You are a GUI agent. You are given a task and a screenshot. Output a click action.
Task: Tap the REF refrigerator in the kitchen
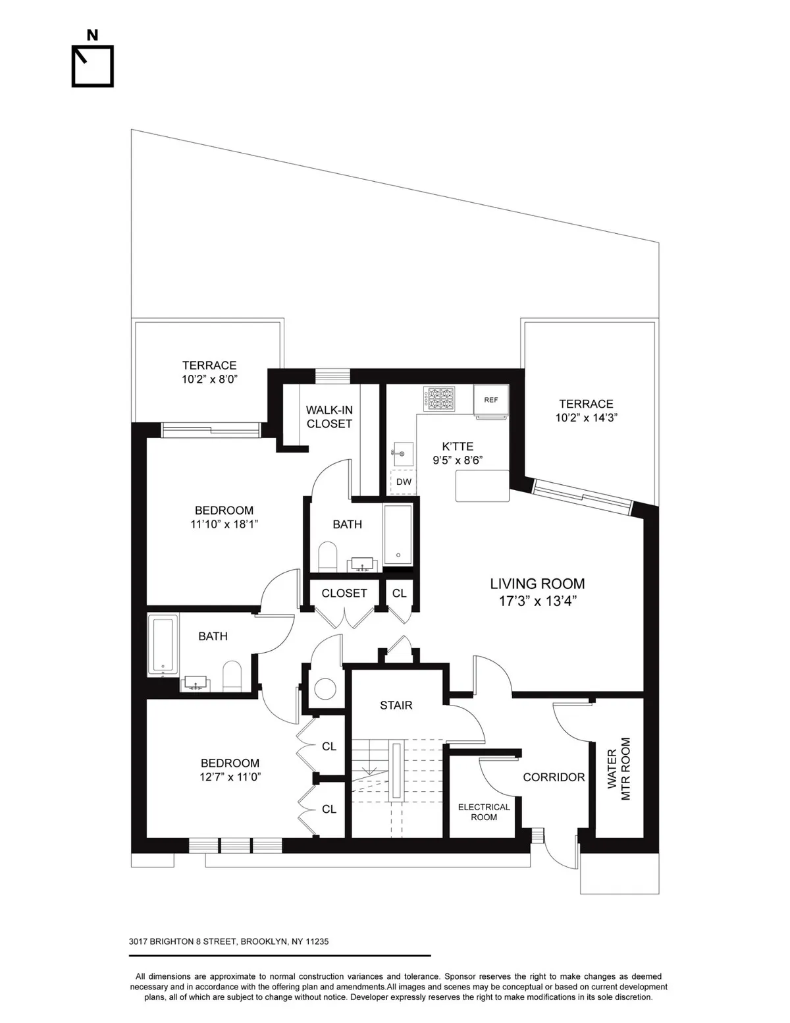(x=491, y=401)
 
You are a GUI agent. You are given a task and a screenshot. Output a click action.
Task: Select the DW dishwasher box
(x=404, y=482)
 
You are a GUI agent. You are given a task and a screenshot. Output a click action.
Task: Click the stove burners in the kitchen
(x=440, y=400)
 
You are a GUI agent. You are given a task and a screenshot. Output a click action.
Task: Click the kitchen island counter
(x=483, y=485)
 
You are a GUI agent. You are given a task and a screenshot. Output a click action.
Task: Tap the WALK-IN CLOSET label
(x=329, y=417)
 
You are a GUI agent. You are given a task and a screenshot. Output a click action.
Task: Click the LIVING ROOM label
(x=537, y=584)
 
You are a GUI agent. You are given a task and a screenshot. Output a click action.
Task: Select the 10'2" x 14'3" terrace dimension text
(x=586, y=418)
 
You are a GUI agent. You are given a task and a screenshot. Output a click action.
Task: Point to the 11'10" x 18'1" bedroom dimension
(x=224, y=524)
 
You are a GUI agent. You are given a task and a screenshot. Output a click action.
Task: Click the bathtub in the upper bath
(x=398, y=534)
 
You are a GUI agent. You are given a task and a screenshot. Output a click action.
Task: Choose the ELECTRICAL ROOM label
(x=484, y=812)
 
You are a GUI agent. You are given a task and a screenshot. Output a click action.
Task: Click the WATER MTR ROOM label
(x=619, y=769)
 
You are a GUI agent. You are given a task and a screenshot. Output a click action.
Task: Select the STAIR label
(x=396, y=705)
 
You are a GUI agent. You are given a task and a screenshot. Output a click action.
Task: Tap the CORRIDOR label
(x=554, y=777)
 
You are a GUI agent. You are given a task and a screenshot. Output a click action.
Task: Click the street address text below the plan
(x=228, y=941)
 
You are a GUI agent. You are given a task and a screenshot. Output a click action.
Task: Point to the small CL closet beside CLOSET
(x=399, y=593)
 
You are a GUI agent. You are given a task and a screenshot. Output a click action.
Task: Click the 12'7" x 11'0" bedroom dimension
(x=230, y=777)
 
